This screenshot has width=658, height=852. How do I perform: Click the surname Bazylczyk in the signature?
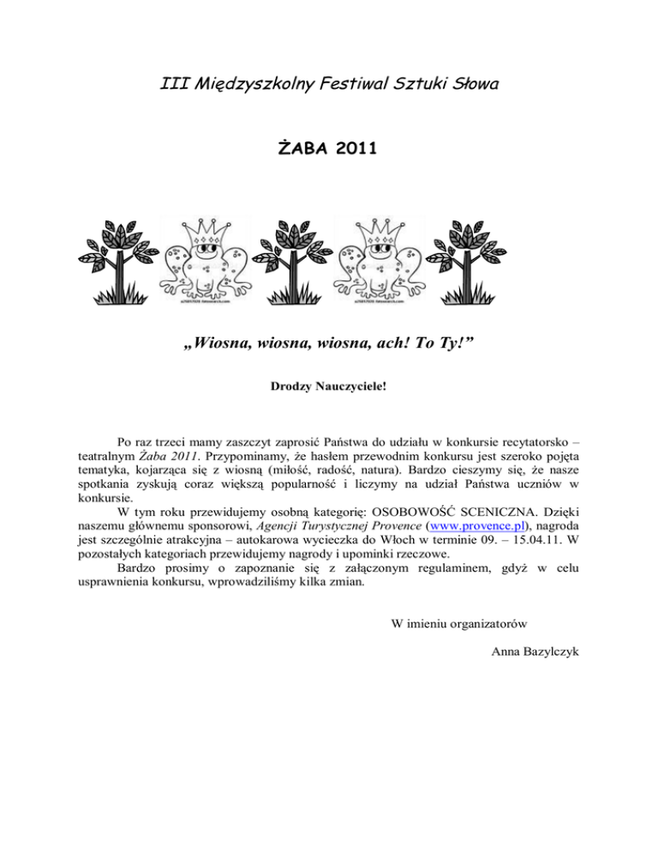(544, 653)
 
